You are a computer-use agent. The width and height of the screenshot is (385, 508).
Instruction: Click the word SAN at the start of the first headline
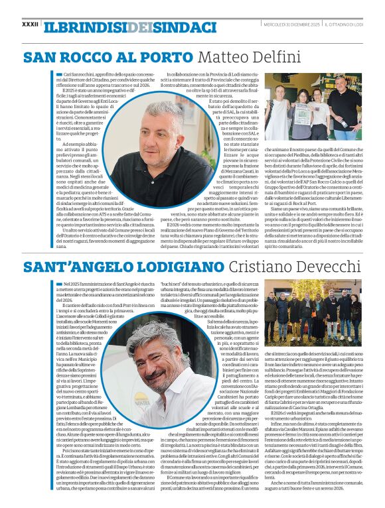coord(40,57)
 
